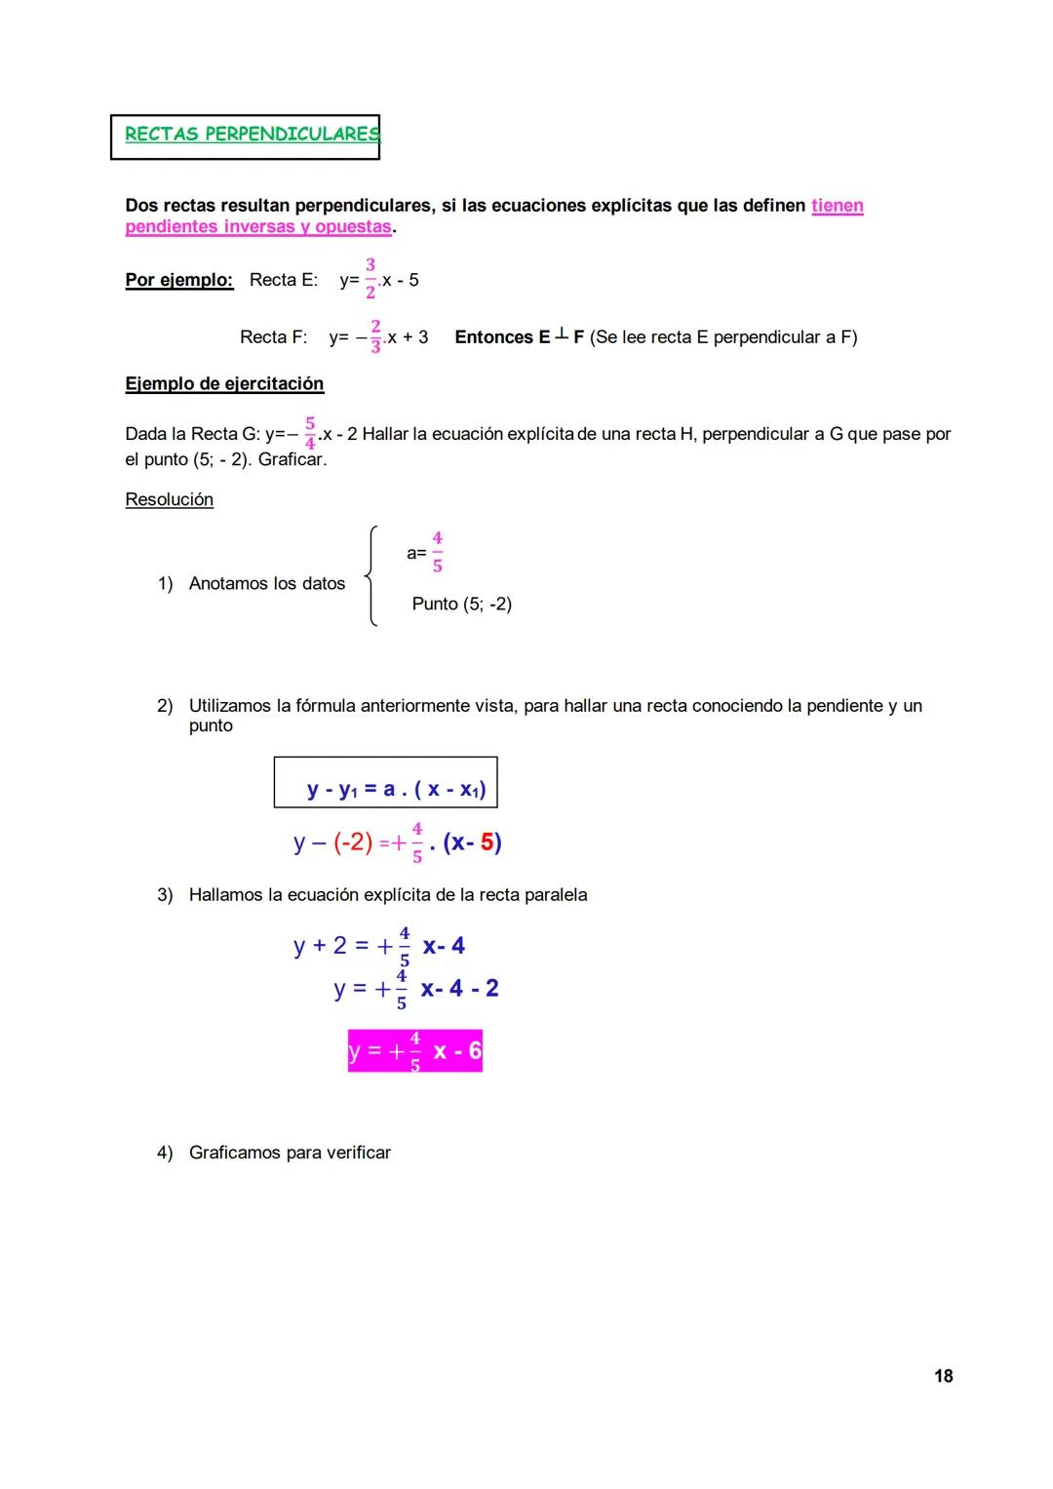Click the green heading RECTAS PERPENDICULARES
[x=252, y=135]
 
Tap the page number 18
[x=943, y=1376]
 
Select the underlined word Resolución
[x=169, y=499]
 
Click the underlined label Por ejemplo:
[x=179, y=280]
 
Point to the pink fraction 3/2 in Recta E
[x=370, y=279]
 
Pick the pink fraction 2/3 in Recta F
[x=375, y=336]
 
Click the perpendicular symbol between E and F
[x=562, y=335]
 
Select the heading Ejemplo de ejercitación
[x=224, y=383]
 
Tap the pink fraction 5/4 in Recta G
[x=310, y=433]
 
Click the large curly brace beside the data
[x=370, y=576]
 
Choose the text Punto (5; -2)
[x=461, y=604]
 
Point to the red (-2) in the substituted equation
[x=353, y=842]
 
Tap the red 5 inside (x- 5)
[x=487, y=842]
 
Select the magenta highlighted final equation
[x=415, y=1051]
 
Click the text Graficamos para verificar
[x=290, y=1153]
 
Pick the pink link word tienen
[x=837, y=206]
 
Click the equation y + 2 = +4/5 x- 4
[x=379, y=946]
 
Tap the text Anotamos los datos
[x=267, y=583]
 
